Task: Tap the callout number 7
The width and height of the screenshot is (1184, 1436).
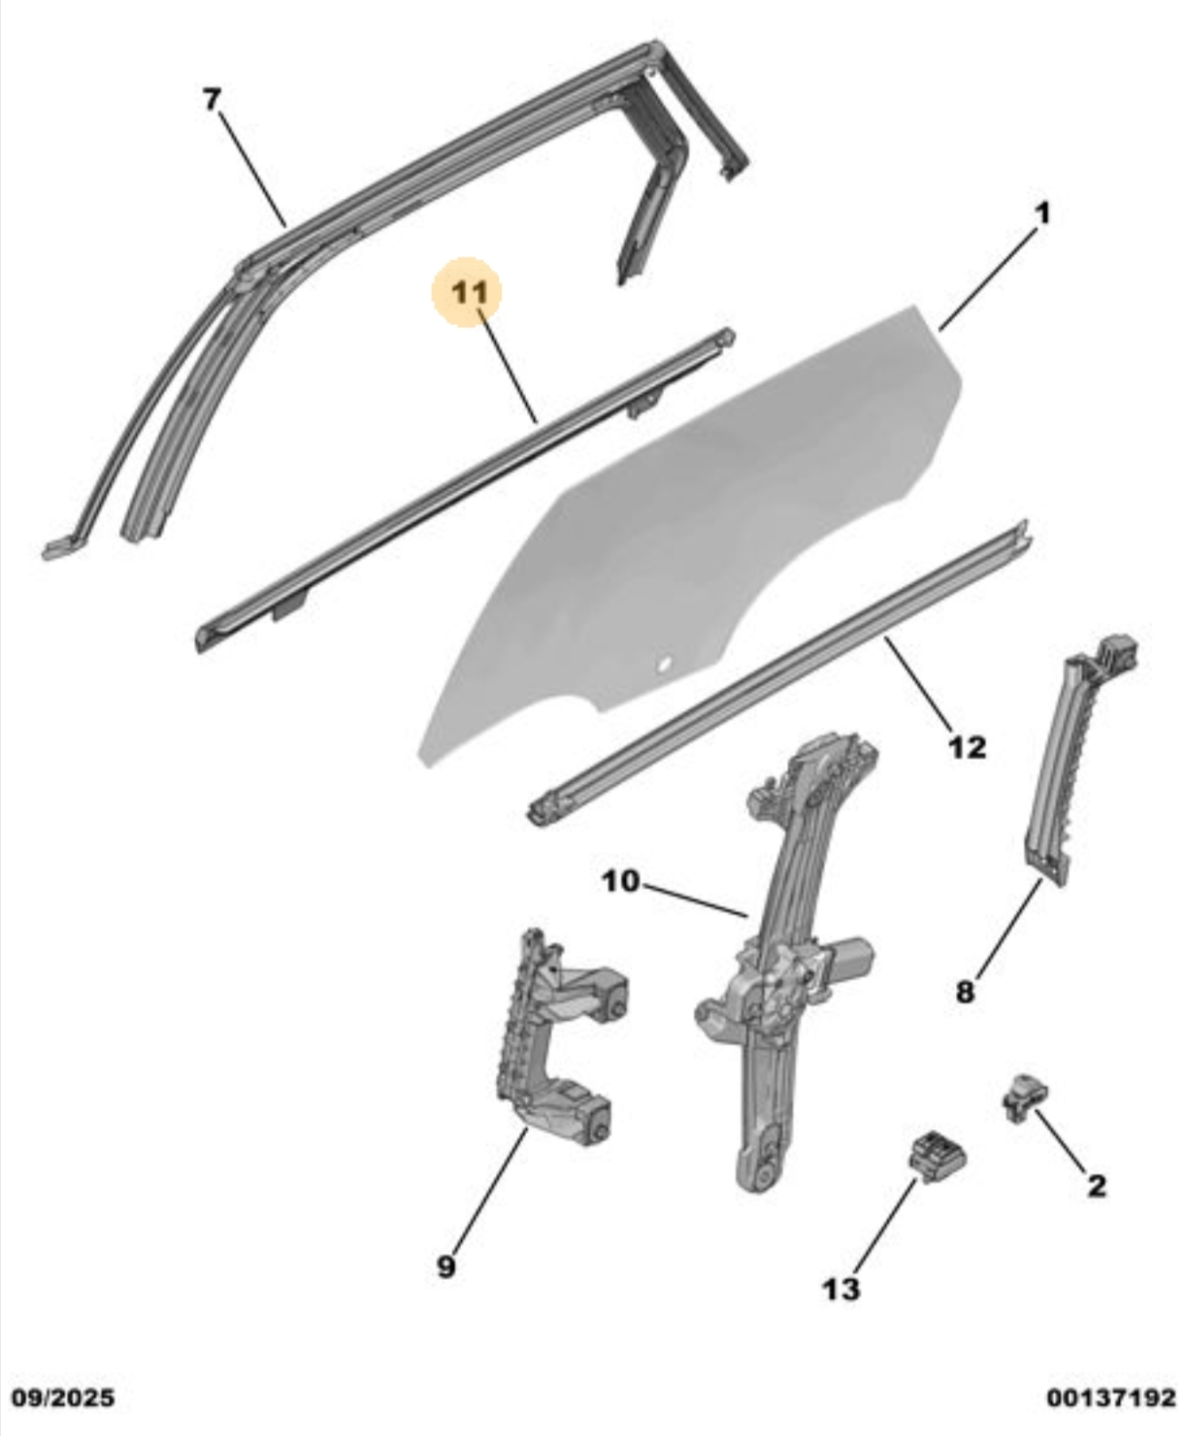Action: (x=212, y=100)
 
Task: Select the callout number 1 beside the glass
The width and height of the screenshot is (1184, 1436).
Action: (x=1043, y=213)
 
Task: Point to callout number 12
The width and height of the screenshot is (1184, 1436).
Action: (x=968, y=747)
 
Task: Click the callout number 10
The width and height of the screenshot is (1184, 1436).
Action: (x=620, y=881)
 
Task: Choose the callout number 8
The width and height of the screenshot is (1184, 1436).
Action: (x=966, y=992)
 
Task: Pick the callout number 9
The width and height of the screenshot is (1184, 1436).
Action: (x=446, y=1266)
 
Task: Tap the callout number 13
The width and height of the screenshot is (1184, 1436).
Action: (x=841, y=1289)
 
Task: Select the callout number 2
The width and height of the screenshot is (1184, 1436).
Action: (x=1096, y=1186)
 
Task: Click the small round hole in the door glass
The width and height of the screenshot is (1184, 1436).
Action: (x=664, y=664)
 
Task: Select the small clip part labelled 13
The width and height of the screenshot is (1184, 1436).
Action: (x=937, y=1158)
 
